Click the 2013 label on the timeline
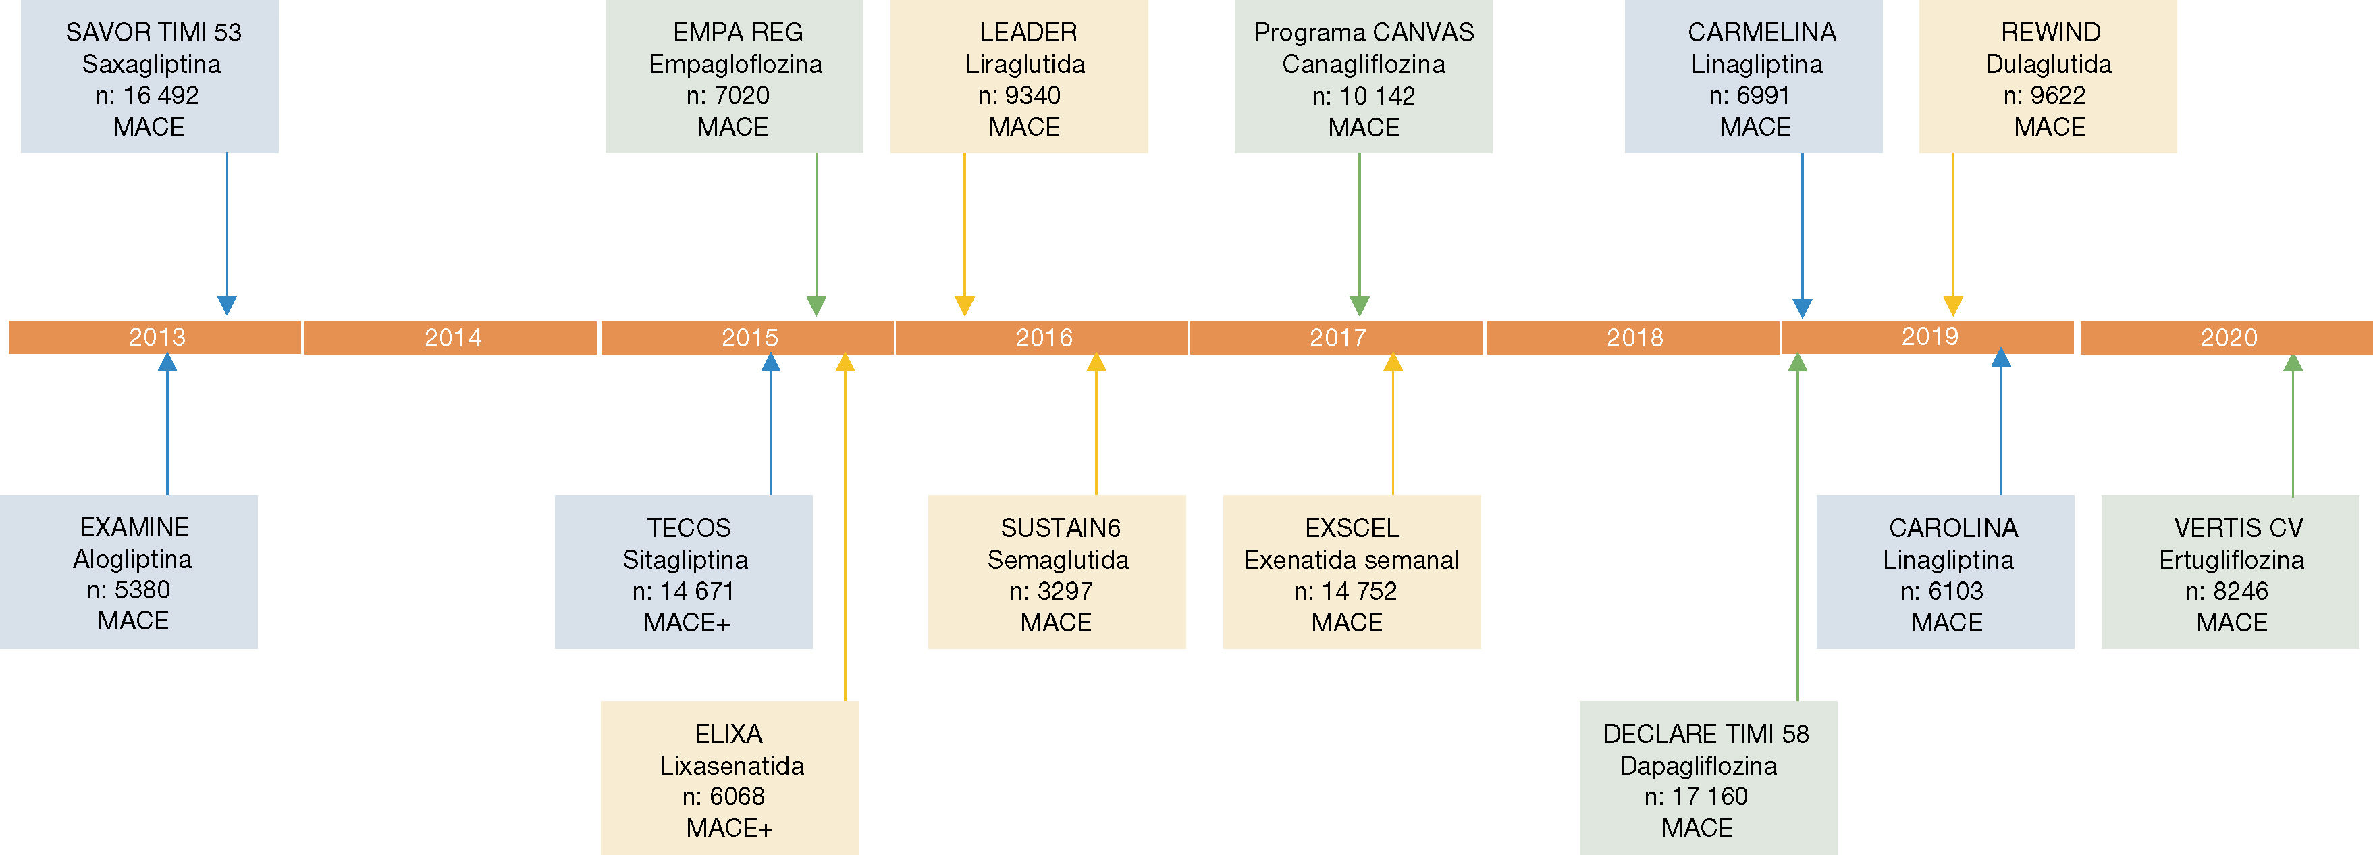tap(157, 337)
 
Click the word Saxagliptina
tap(151, 64)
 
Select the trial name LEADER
tap(1027, 32)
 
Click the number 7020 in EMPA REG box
tap(741, 96)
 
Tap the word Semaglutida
tap(1057, 559)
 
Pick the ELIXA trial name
tap(728, 734)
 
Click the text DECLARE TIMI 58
tap(1705, 734)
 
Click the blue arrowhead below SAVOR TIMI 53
tap(227, 305)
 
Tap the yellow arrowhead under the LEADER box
tap(965, 306)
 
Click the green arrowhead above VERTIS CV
tap(2292, 363)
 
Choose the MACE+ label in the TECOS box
tap(687, 623)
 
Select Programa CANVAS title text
tap(1362, 32)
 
